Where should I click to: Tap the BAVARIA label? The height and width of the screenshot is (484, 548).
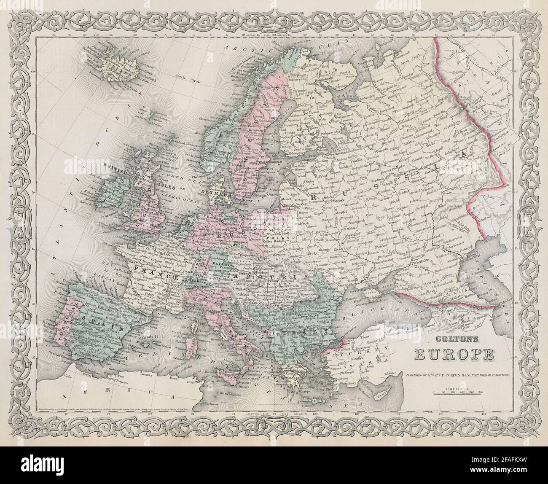coord(228,255)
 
